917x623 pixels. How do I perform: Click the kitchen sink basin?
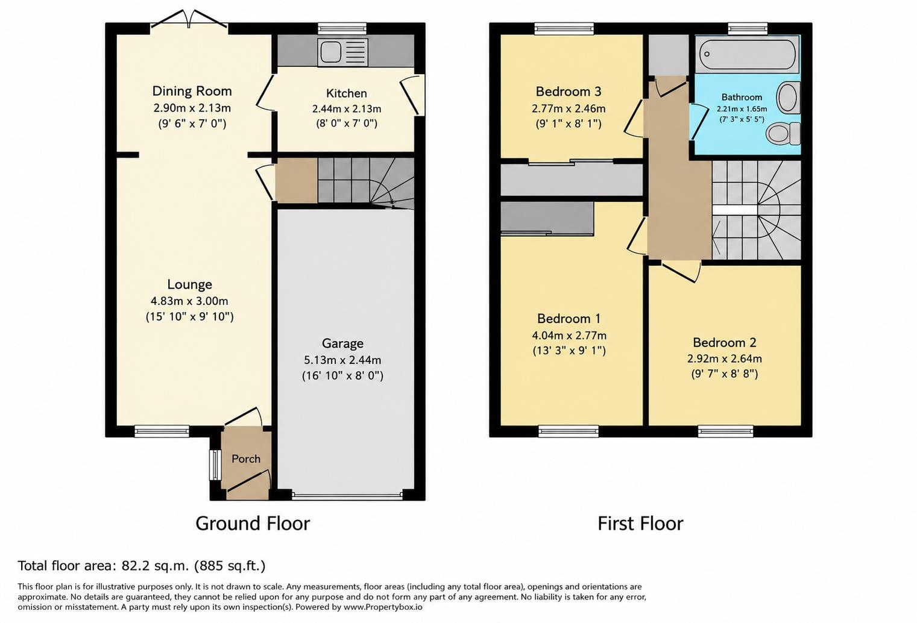(x=331, y=52)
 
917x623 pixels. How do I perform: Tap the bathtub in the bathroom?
(x=748, y=54)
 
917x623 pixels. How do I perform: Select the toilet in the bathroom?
(x=783, y=134)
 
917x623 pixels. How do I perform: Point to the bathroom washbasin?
(x=788, y=98)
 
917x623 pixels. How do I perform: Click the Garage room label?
(x=342, y=343)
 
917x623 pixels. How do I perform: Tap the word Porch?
(x=246, y=459)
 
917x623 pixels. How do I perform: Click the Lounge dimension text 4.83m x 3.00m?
(x=189, y=301)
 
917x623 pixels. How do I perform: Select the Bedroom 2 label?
(x=725, y=342)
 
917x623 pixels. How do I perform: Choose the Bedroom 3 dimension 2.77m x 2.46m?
(x=569, y=108)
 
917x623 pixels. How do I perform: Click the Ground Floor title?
(x=253, y=523)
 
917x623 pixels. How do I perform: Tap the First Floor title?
(x=640, y=523)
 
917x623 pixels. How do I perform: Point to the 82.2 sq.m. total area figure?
(x=155, y=566)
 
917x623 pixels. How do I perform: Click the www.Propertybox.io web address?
(x=383, y=607)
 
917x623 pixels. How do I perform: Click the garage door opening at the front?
(x=347, y=496)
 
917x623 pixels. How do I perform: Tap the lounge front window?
(x=162, y=431)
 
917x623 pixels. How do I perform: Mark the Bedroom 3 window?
(x=564, y=28)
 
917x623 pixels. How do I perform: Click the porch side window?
(x=215, y=465)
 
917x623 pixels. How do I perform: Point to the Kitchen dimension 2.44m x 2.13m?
(x=347, y=109)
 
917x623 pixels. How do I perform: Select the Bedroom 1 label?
(x=569, y=318)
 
